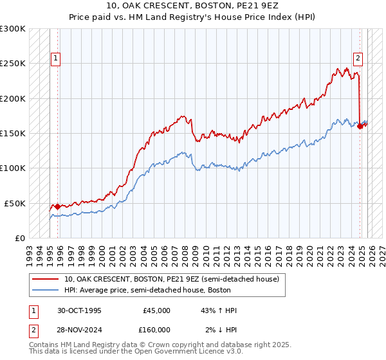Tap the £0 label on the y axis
pos(20,238)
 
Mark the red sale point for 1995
pos(58,206)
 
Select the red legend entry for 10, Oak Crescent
pos(171,279)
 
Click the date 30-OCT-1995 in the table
pos(78,310)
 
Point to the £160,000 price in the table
pos(156,330)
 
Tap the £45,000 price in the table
pos(156,310)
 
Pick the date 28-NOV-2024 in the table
pos(79,330)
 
